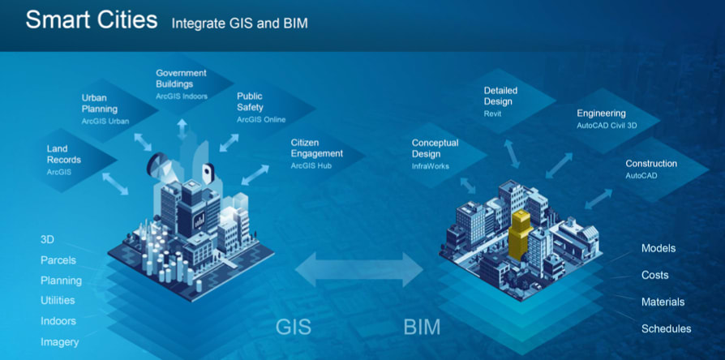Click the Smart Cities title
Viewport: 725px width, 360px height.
[91, 19]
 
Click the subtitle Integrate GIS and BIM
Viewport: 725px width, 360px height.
[239, 24]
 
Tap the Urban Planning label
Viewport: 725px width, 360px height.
[100, 103]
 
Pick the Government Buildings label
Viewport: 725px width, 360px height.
[182, 78]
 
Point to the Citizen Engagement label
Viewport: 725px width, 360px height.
[317, 148]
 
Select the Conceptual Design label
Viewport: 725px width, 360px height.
[435, 148]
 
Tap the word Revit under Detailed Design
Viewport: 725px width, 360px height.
[492, 114]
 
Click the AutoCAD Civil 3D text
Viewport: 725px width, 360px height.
[607, 126]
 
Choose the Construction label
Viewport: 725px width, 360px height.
[651, 163]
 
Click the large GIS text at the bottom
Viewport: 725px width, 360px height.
[293, 328]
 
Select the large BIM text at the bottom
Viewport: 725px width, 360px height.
[423, 328]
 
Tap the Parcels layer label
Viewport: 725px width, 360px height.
[58, 260]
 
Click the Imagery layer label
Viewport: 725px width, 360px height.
[60, 342]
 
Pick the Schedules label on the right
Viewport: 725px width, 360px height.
[666, 328]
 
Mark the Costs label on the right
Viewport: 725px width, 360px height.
[654, 275]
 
